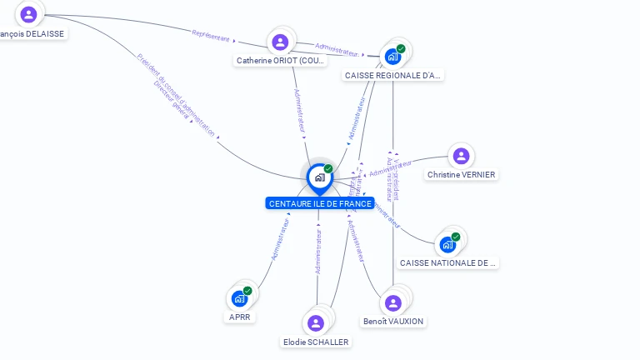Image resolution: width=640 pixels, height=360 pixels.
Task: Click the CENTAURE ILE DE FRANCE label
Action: [320, 203]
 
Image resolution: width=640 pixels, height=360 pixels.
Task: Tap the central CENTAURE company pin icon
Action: [319, 177]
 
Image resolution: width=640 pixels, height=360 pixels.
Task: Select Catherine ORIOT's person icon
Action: [280, 42]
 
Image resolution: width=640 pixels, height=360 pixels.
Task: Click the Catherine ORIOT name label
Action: [281, 61]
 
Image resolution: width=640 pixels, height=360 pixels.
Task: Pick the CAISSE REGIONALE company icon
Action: [392, 57]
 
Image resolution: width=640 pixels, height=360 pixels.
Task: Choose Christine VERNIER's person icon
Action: [461, 156]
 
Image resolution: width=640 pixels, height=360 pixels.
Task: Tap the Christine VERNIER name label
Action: [461, 175]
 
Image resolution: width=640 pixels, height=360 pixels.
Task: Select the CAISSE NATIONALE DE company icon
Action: [447, 245]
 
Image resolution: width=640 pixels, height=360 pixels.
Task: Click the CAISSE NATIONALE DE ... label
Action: [448, 263]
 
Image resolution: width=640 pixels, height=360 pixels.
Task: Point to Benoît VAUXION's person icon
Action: [393, 302]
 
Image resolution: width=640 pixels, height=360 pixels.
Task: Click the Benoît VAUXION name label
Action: [393, 322]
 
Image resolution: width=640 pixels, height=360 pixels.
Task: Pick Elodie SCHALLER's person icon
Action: [316, 322]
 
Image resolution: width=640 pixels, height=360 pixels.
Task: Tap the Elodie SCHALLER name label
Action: [316, 342]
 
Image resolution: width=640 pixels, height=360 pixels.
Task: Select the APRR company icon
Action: [239, 298]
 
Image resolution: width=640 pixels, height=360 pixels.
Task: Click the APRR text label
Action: [239, 317]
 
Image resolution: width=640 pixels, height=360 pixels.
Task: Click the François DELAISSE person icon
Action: [29, 14]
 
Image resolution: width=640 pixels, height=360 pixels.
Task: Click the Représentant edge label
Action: [210, 36]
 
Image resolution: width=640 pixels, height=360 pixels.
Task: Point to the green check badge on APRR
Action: [247, 291]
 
